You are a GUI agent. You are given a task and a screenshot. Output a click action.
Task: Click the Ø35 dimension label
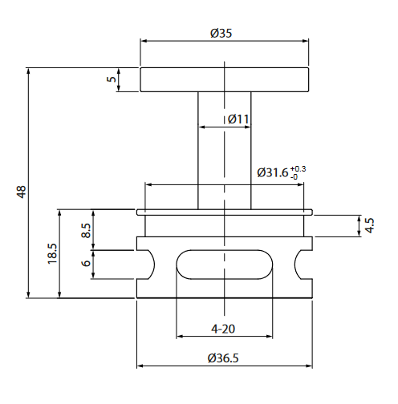pos(222,33)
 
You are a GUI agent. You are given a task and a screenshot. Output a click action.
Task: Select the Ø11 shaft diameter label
pos(238,119)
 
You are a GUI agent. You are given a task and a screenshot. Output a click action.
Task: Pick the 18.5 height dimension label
pos(52,254)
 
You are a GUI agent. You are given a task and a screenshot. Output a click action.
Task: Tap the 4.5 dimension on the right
pos(368,225)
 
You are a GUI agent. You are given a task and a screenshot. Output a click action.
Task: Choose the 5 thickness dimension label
pos(112,79)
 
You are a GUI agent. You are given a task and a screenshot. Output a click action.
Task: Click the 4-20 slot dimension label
pos(222,329)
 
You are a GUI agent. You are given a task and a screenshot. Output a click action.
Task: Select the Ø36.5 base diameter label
pos(222,358)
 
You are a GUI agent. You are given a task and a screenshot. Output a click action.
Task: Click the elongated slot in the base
pos(223,264)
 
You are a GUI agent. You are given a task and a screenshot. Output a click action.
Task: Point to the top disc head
pos(225,80)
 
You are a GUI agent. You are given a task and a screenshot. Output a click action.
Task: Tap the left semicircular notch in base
pos(147,264)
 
